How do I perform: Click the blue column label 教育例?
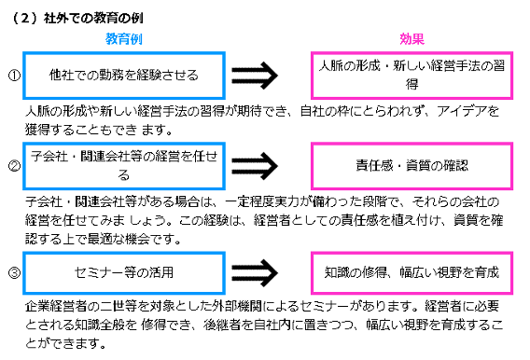point(122,39)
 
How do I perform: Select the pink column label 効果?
point(411,39)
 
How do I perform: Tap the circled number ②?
point(13,167)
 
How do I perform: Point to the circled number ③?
point(13,273)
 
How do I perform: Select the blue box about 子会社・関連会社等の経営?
point(123,165)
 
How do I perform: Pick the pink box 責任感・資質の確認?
point(411,165)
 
